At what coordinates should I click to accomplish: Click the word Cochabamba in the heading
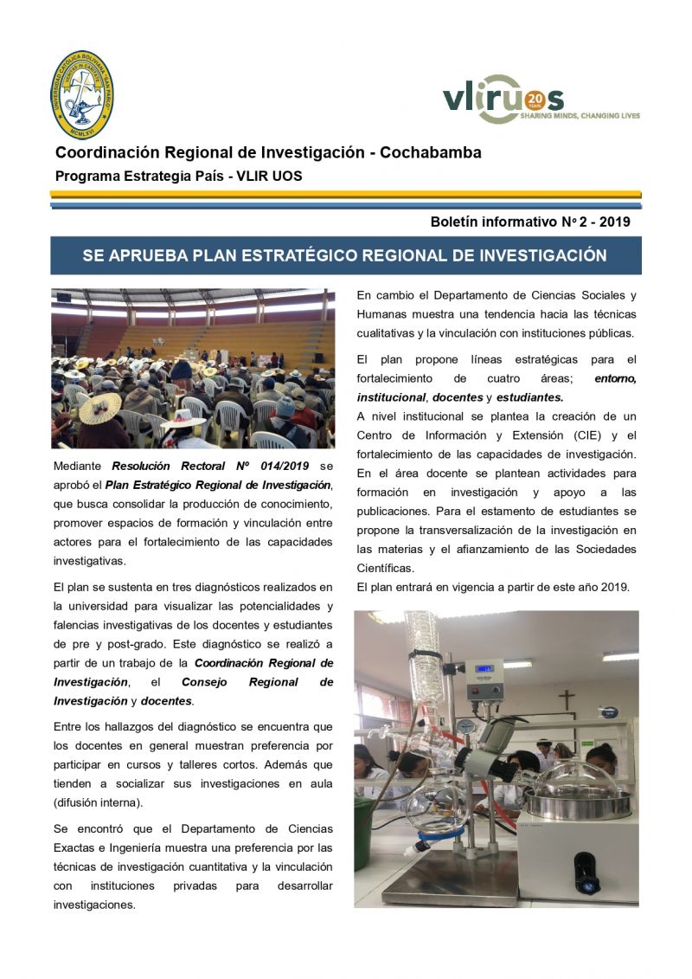pos(431,153)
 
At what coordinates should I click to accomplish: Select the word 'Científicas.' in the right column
pos(386,568)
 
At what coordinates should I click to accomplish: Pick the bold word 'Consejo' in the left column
pos(204,682)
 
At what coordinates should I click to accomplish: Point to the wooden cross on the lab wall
pos(566,699)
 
